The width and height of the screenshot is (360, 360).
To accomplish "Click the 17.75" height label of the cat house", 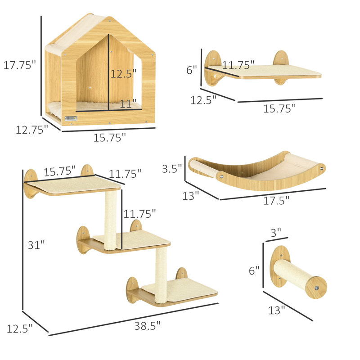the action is click(x=20, y=65).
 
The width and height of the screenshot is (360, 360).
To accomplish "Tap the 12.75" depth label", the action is click(x=31, y=130).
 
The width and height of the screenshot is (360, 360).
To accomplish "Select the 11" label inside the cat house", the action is click(x=128, y=103).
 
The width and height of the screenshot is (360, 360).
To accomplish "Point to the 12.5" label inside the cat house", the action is click(x=123, y=73).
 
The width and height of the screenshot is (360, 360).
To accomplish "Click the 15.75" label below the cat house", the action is click(x=109, y=138).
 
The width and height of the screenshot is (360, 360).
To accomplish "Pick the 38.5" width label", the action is click(x=147, y=326).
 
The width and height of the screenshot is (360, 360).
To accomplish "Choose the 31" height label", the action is click(x=36, y=245).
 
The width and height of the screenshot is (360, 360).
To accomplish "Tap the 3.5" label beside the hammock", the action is click(x=172, y=169).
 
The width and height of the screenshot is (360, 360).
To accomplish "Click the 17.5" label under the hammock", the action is click(x=276, y=201).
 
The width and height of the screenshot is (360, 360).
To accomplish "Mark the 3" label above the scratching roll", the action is click(x=276, y=233).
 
